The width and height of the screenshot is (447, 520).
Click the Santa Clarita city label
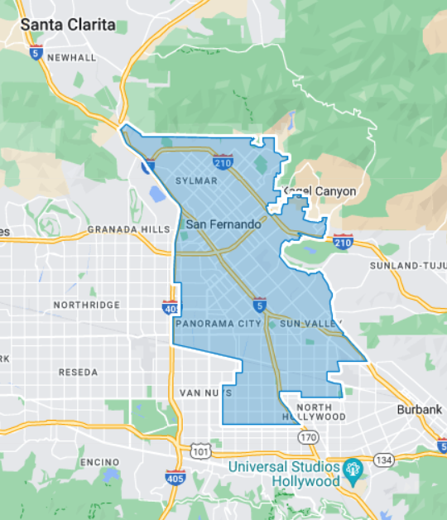(x=68, y=24)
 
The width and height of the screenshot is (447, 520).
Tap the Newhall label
(x=72, y=57)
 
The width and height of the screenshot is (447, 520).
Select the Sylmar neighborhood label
(x=196, y=181)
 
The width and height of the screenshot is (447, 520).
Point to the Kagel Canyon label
(x=320, y=191)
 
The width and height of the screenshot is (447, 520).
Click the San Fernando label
(x=223, y=224)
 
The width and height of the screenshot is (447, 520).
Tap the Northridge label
(x=86, y=305)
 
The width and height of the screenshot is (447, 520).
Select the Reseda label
(x=78, y=373)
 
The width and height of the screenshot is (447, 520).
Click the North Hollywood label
(x=320, y=412)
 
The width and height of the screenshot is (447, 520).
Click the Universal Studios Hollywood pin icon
(x=353, y=468)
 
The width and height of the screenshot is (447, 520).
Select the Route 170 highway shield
(x=309, y=436)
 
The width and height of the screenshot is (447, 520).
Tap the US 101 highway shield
(x=199, y=451)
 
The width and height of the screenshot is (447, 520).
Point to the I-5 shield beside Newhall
(x=35, y=52)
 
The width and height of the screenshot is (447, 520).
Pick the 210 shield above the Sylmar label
(x=221, y=161)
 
